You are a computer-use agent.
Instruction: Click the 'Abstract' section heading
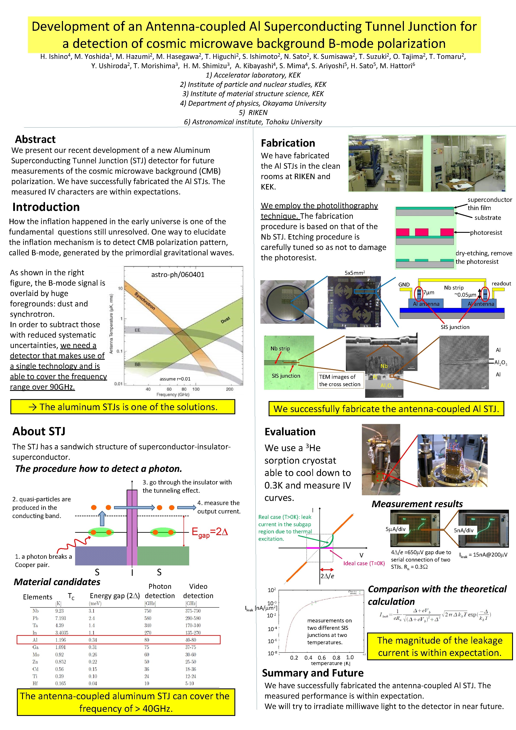pos(35,139)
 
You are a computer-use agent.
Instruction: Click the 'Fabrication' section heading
pos(288,143)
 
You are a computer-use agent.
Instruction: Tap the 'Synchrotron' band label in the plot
pos(145,301)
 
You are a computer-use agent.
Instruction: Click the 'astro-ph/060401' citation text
pos(178,274)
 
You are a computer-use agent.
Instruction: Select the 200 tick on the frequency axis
pos(229,389)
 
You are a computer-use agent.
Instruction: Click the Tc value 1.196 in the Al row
pos(60,640)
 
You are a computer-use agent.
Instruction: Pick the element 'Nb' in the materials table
pos(35,611)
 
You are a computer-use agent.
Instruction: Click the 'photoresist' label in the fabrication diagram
pos(486,232)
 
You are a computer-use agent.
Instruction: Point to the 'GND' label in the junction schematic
pos(404,285)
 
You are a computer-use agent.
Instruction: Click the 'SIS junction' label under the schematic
pos(455,327)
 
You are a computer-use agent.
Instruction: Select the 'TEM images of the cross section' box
pos(340,380)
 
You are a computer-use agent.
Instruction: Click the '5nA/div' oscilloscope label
pos(464,530)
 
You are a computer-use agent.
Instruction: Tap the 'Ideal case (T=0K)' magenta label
pos(364,563)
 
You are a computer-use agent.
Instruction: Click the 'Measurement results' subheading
pos(417,504)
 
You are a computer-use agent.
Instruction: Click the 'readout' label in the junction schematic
pos(501,283)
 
